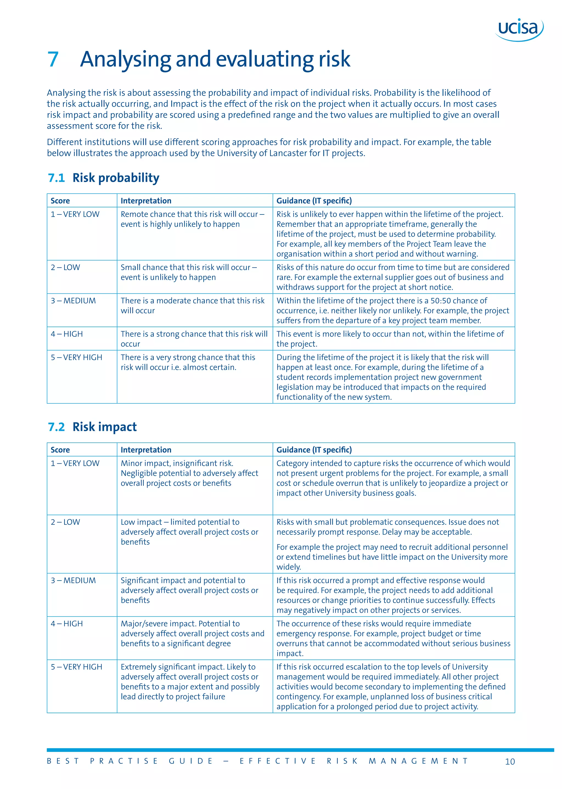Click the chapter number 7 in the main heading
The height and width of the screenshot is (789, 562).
coord(53,59)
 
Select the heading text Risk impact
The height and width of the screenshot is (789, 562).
coord(105,427)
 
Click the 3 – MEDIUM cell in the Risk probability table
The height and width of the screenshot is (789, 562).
coord(73,301)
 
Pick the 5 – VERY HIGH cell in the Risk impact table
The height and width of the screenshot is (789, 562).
coord(77,667)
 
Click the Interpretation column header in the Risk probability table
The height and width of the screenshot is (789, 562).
coord(146,201)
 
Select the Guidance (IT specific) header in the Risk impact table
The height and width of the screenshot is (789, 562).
coord(314,450)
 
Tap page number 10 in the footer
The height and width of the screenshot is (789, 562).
coord(510,762)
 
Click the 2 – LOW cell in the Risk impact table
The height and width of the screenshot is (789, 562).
coord(65,522)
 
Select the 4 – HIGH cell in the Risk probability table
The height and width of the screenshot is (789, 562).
coord(67,334)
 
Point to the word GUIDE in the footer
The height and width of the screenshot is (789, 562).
coord(191,761)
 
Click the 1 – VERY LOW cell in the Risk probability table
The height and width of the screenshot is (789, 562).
coord(75,214)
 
